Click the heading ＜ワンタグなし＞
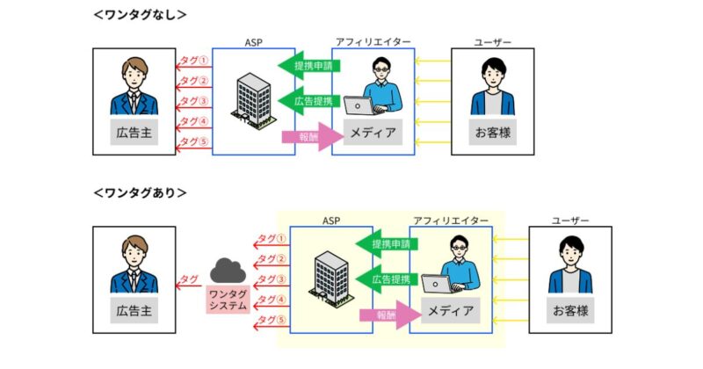(140, 14)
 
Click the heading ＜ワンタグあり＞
(140, 192)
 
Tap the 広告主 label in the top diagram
(134, 134)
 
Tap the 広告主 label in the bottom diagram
(134, 312)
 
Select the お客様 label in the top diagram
(492, 134)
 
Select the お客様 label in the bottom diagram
(569, 312)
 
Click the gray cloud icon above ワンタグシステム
(228, 270)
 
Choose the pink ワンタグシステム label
(228, 300)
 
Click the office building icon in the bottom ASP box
(329, 276)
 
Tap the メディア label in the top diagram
(373, 134)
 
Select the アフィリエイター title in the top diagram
(373, 42)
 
